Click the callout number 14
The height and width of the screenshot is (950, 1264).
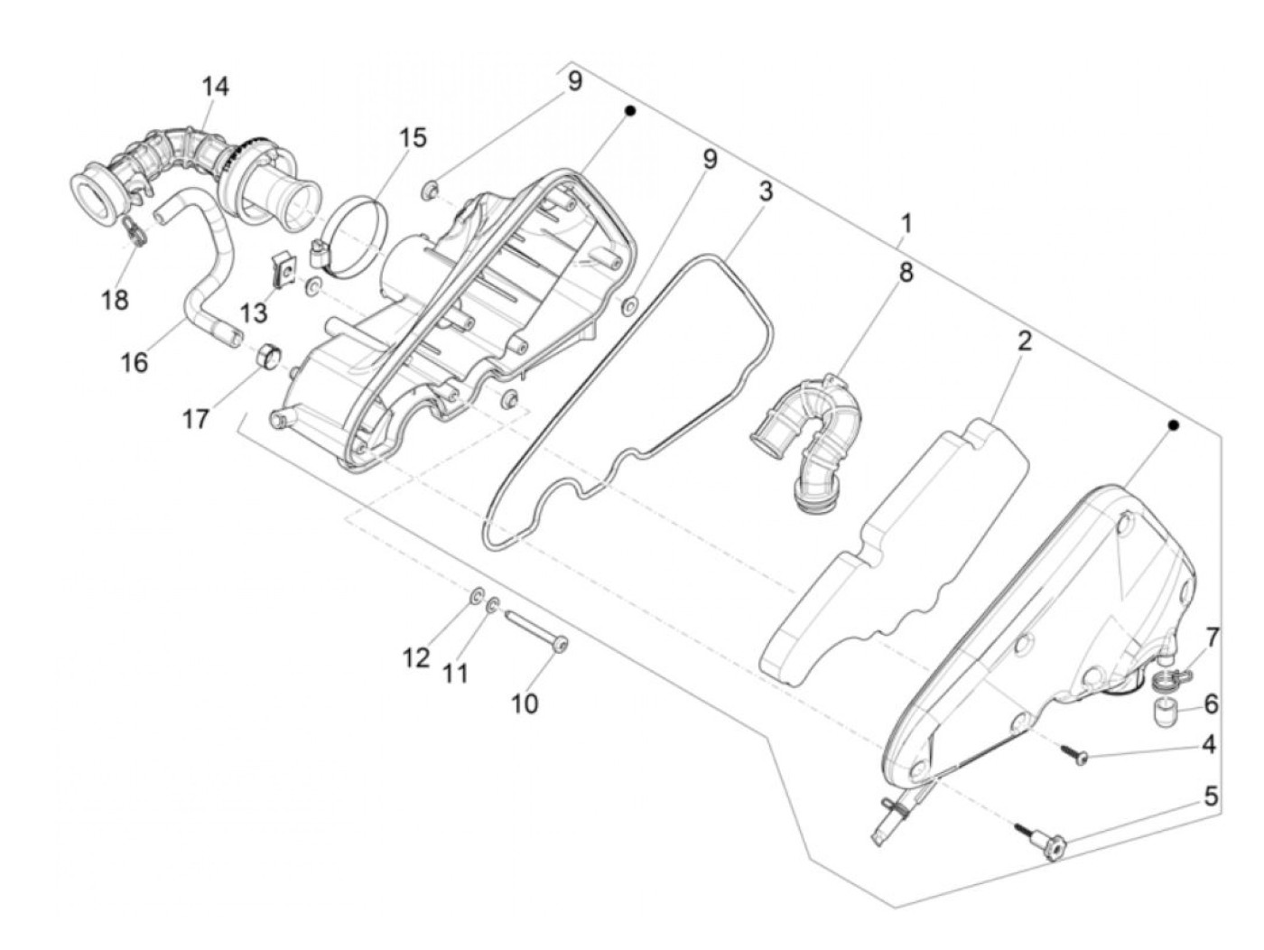(x=215, y=87)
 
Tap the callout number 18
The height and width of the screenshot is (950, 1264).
(x=116, y=300)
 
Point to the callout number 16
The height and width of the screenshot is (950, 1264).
(x=135, y=363)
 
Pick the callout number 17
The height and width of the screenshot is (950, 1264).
(x=196, y=419)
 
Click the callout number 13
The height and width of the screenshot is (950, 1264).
(x=255, y=312)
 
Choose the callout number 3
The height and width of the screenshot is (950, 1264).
(x=766, y=191)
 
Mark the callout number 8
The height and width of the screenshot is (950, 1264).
(x=905, y=272)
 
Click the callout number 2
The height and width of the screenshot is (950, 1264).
(x=1024, y=341)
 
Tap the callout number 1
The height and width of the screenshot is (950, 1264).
(x=906, y=222)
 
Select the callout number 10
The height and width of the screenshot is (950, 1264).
(x=525, y=703)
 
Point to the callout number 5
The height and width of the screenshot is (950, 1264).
(x=1211, y=796)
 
